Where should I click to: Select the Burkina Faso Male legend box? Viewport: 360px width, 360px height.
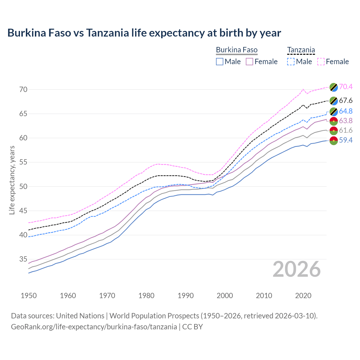[220, 62]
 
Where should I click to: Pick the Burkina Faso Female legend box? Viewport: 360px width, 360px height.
[249, 62]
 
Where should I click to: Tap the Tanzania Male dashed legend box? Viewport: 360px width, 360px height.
[291, 62]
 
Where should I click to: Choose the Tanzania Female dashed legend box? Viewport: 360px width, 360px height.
[321, 62]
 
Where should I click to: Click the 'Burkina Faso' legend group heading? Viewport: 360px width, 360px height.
[237, 50]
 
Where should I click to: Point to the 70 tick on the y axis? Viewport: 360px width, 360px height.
[23, 90]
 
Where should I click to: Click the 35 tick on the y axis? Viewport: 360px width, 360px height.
[23, 259]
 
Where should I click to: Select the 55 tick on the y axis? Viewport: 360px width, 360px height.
[23, 162]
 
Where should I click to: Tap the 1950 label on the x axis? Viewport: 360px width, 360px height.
[29, 296]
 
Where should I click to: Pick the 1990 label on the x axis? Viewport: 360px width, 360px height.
[186, 296]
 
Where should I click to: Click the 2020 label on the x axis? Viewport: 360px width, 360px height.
[303, 296]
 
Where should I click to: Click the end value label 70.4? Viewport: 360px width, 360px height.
[346, 87]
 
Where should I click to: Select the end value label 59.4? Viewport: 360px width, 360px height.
[346, 140]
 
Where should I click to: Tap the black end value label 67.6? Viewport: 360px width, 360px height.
[346, 101]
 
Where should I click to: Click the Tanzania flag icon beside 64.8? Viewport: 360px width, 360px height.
[334, 111]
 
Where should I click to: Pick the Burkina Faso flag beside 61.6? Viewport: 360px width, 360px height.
[334, 130]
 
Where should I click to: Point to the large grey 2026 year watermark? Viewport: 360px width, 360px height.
[297, 269]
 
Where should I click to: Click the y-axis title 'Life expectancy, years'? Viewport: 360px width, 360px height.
[12, 180]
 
